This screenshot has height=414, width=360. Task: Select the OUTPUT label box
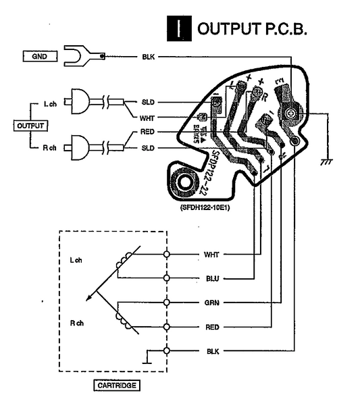pyautogui.click(x=30, y=126)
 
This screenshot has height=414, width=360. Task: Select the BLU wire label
pyautogui.click(x=211, y=278)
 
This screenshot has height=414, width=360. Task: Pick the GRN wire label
pyautogui.click(x=211, y=302)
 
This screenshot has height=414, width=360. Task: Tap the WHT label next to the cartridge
pyautogui.click(x=211, y=255)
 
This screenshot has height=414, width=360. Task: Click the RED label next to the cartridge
pyautogui.click(x=211, y=327)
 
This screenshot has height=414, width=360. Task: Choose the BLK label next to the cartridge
pyautogui.click(x=211, y=351)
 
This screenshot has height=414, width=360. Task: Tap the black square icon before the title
pyautogui.click(x=178, y=28)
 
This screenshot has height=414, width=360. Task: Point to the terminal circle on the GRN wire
pyautogui.click(x=167, y=302)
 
